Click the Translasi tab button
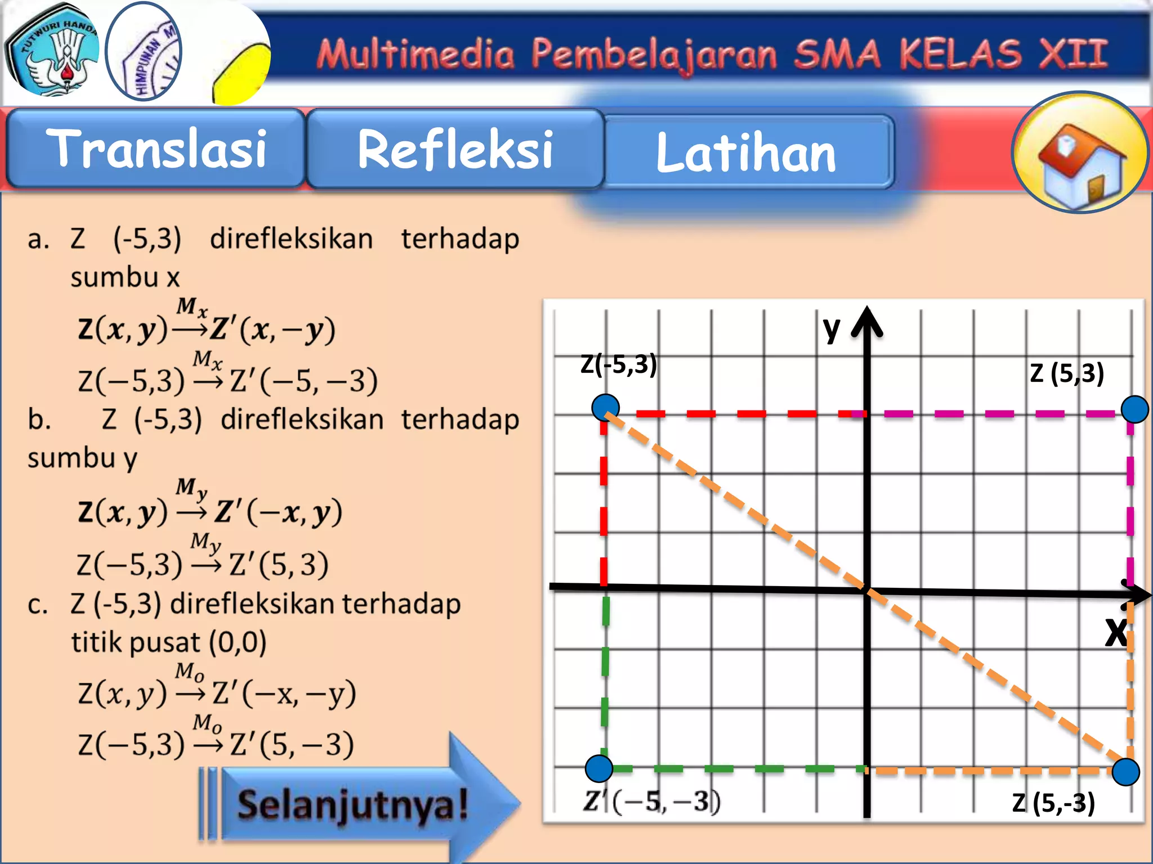[x=156, y=148]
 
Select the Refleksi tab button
[x=455, y=148]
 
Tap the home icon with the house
[x=1080, y=152]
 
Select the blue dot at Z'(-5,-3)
[x=599, y=768]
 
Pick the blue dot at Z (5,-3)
[x=1126, y=771]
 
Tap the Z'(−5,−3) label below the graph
[x=651, y=801]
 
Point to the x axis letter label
[x=1115, y=632]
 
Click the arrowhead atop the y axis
[x=867, y=322]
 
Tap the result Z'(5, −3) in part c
[x=292, y=744]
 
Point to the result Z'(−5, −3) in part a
[x=303, y=380]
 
